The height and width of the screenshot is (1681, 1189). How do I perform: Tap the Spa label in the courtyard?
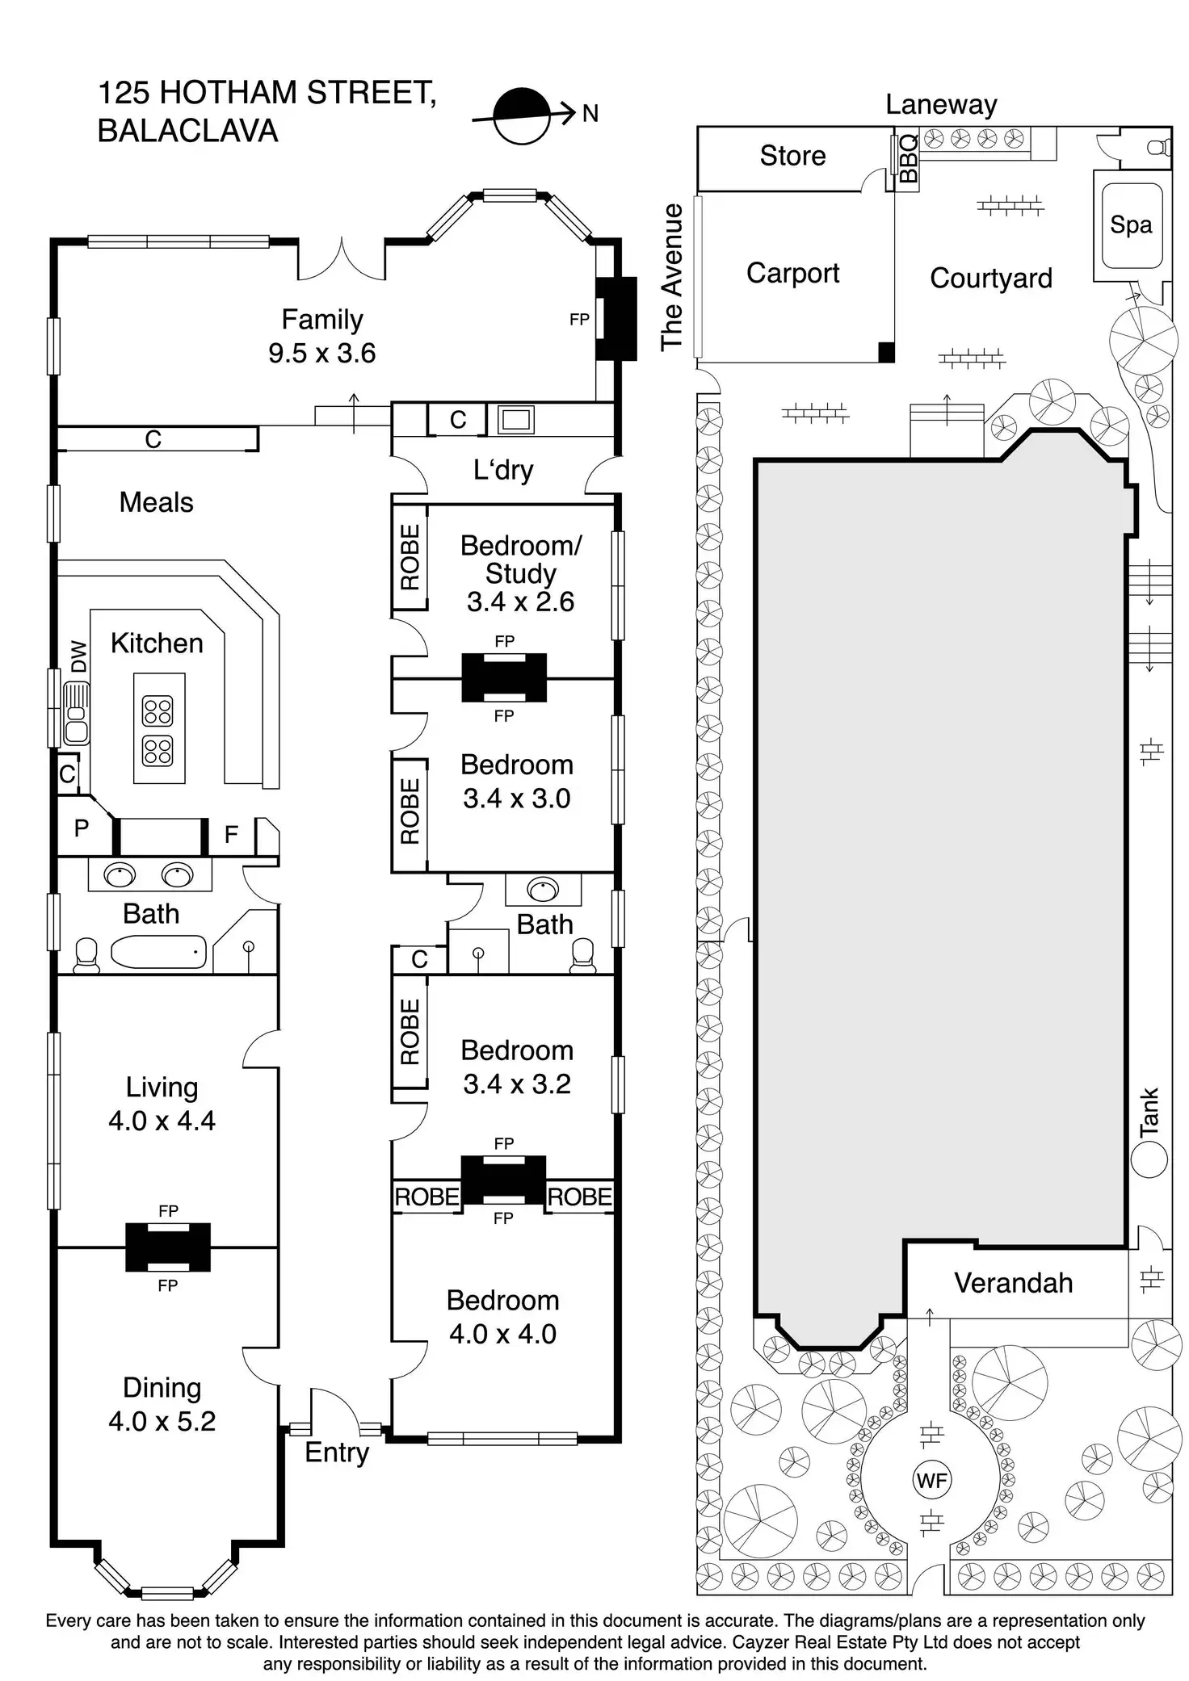1130,224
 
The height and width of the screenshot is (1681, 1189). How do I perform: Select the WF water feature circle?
931,1480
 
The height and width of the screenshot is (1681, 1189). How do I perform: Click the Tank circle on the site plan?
1149,1160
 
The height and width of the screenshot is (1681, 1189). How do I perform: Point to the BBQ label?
908,158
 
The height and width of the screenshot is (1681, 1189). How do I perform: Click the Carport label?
792,274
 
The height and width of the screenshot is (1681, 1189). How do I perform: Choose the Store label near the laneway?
792,155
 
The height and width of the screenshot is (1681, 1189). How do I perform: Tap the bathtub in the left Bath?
158,952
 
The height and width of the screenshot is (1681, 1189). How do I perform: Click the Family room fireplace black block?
606,319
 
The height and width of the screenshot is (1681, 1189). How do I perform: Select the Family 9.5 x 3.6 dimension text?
322,353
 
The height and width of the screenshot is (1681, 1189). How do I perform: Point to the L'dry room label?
503,469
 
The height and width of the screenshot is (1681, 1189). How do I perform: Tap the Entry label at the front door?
337,1452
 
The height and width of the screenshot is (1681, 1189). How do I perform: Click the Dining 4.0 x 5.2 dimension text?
162,1421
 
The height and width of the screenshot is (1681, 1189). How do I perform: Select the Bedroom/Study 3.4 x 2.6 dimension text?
521,601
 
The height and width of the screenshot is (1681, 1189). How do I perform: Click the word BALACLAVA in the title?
187,131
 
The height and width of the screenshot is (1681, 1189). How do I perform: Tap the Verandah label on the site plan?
1014,1282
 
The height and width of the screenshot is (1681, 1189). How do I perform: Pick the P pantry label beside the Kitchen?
82,828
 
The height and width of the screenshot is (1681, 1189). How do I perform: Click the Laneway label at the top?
941,104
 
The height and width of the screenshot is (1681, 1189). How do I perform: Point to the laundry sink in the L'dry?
515,419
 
